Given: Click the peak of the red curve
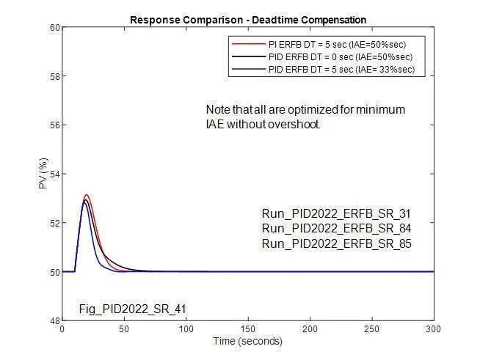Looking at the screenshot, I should pos(87,195).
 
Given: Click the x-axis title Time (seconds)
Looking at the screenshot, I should pos(247,341).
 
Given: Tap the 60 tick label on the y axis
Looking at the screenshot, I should pos(54,28).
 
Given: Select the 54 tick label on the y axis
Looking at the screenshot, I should pos(54,174).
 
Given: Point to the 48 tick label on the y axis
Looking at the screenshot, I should pos(54,320).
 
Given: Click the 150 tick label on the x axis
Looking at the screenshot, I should pos(248,329).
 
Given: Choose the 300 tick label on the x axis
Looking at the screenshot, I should pos(434,329).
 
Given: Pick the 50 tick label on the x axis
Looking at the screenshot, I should pos(124,329).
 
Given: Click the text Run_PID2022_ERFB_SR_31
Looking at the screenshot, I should pos(336,214).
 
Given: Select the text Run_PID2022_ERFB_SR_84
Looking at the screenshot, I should pos(336,229).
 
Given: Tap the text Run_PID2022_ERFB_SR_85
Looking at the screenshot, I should pos(336,243).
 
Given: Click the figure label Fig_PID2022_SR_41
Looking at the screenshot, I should pos(132,309).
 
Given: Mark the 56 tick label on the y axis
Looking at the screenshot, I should pos(54,125).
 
